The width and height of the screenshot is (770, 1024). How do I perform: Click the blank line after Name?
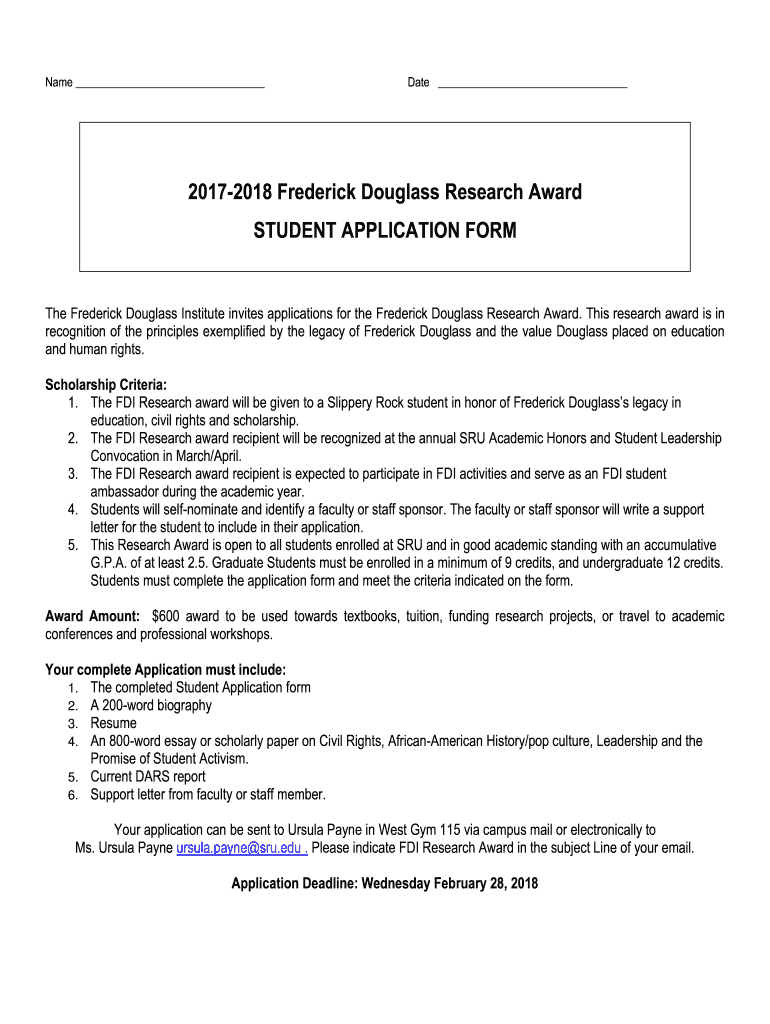(x=170, y=84)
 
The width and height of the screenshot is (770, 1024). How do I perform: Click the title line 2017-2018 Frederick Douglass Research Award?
(x=385, y=192)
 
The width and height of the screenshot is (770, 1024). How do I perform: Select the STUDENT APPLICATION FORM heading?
(x=385, y=231)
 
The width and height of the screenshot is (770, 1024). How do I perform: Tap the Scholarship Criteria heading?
(x=106, y=385)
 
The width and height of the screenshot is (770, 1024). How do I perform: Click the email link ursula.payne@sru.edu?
(x=240, y=848)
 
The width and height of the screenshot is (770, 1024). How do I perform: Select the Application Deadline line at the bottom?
(x=385, y=883)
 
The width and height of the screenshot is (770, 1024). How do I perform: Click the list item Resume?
(x=113, y=723)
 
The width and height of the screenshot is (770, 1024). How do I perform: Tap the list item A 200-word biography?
(x=151, y=705)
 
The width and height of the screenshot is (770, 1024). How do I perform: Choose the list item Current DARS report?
(x=148, y=777)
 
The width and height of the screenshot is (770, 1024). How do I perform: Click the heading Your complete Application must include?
(x=166, y=669)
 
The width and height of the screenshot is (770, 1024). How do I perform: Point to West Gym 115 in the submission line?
(x=430, y=830)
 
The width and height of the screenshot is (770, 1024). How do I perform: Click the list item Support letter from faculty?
(x=208, y=795)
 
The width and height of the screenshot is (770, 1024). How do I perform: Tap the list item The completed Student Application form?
(x=200, y=687)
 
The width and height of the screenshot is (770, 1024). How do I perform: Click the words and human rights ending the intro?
(x=95, y=350)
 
